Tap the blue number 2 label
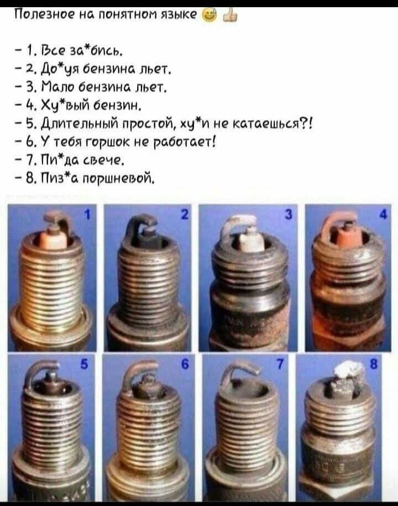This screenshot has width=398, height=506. pos(184,214)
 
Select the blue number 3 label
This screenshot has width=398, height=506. pos(289,213)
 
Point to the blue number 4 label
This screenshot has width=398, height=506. pos(383,214)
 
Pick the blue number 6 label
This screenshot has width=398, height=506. pos(185,364)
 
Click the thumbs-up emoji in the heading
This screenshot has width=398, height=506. pos(231,15)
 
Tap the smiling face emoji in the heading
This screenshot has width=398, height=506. pos(210,14)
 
